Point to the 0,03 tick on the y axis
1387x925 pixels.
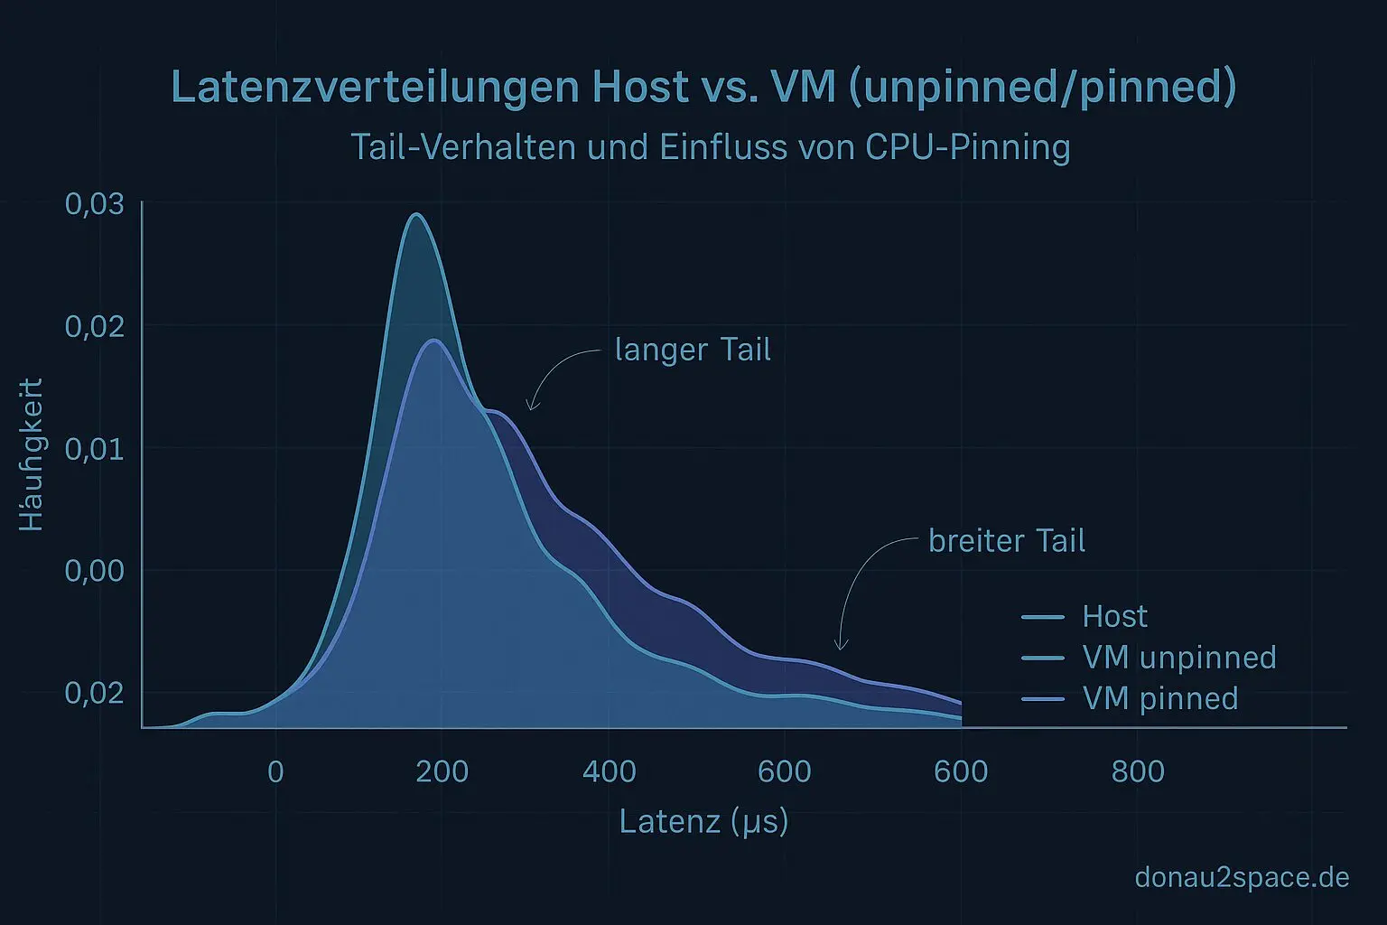[x=95, y=203]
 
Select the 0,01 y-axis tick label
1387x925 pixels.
[x=95, y=448]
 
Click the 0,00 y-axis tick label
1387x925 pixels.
[x=95, y=570]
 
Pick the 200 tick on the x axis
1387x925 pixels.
[x=442, y=771]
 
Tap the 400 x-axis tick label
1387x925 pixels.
[x=610, y=771]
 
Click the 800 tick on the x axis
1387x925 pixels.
[x=1138, y=771]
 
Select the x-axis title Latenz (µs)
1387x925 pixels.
[x=703, y=821]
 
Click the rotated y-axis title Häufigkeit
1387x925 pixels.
[x=32, y=454]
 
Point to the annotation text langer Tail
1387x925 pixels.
[x=693, y=350]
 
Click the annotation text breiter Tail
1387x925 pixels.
[x=1007, y=540]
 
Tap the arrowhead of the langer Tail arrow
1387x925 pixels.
[x=531, y=408]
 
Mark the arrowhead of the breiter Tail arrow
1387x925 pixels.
[x=841, y=647]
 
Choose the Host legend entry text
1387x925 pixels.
[x=1114, y=616]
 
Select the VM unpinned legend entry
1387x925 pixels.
[x=1178, y=657]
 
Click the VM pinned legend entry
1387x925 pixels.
[x=1159, y=698]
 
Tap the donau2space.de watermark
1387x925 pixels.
[x=1242, y=876]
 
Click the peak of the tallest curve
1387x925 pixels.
[x=416, y=215]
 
